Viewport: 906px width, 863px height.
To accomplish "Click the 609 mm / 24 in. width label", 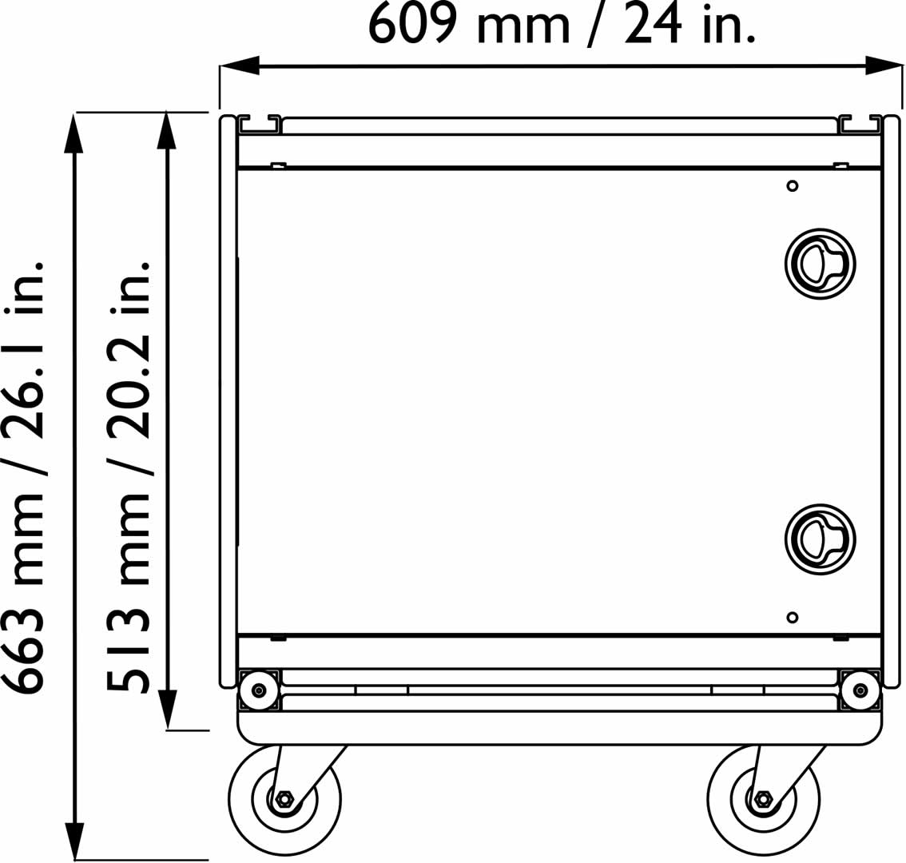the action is tap(562, 24).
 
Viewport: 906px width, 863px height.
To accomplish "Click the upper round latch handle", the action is tap(820, 264).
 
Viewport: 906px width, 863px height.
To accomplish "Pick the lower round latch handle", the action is tap(820, 539).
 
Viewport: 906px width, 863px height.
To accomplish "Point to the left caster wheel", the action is tap(284, 799).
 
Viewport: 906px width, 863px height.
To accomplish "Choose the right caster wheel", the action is tap(764, 799).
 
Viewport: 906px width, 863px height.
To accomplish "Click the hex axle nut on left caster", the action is tap(284, 799).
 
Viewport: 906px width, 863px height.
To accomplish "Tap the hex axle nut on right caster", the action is tap(764, 799).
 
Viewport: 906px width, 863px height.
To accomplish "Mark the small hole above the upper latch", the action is tap(793, 185).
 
